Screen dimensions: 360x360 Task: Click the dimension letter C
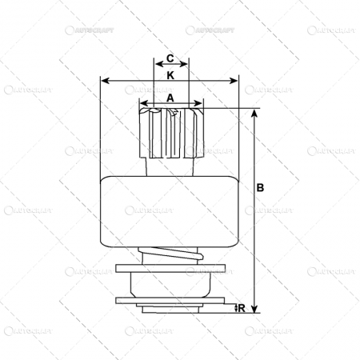pyautogui.click(x=170, y=58)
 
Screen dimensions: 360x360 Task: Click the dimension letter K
pyautogui.click(x=170, y=74)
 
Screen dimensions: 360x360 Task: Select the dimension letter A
pyautogui.click(x=170, y=96)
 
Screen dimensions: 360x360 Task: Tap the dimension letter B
pyautogui.click(x=262, y=188)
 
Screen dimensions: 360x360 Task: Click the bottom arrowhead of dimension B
pyautogui.click(x=254, y=309)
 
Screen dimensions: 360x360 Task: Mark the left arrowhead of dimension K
pyautogui.click(x=104, y=81)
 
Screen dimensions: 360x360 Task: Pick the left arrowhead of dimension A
pyautogui.click(x=142, y=103)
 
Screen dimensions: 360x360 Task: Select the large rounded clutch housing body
pyautogui.click(x=170, y=212)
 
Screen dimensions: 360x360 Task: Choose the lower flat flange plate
pyautogui.click(x=170, y=301)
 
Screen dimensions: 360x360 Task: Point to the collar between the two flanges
pyautogui.click(x=170, y=285)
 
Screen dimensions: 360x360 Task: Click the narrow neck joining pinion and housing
pyautogui.click(x=171, y=166)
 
